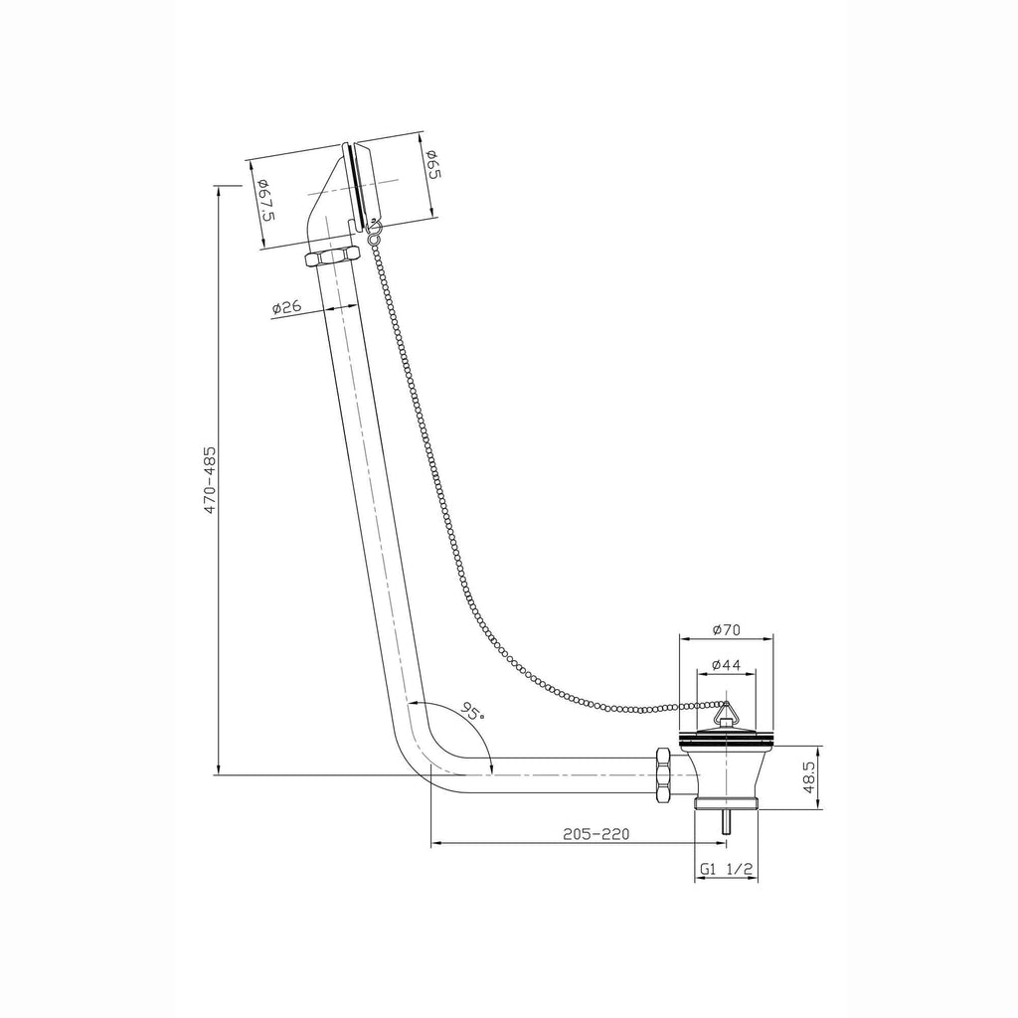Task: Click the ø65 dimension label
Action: pyautogui.click(x=434, y=166)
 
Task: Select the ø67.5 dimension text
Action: pyautogui.click(x=264, y=201)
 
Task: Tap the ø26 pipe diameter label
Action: pyautogui.click(x=286, y=307)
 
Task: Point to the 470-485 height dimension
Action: pyautogui.click(x=210, y=480)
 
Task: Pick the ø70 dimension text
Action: pyautogui.click(x=726, y=629)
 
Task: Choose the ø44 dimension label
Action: pyautogui.click(x=726, y=665)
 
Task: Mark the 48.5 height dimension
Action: pyautogui.click(x=808, y=777)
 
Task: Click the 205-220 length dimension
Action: pyautogui.click(x=596, y=834)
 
